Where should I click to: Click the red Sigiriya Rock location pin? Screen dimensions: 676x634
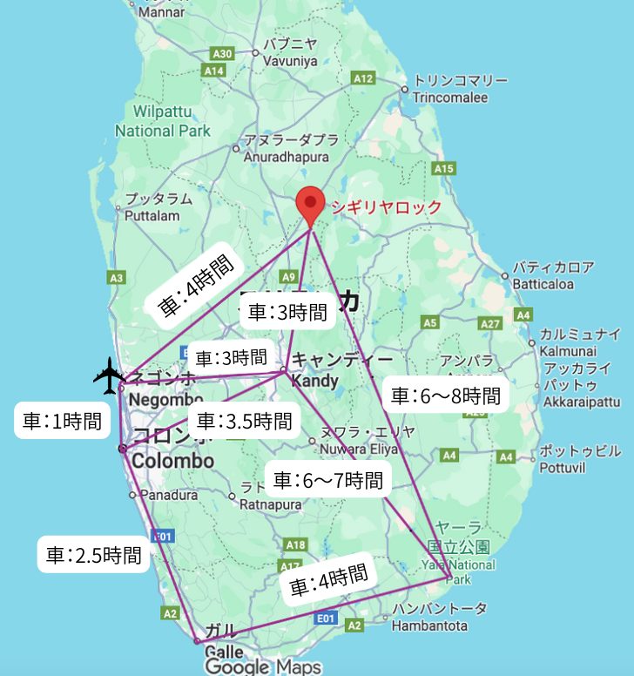(310, 206)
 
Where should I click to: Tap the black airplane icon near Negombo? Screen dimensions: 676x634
(109, 375)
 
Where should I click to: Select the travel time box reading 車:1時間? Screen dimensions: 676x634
(61, 422)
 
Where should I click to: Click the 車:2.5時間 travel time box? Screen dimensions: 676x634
(94, 554)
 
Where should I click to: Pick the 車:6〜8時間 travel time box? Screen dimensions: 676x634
(445, 396)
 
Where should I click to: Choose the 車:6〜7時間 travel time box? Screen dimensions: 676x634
(327, 479)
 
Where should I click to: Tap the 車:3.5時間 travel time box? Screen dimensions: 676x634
(244, 422)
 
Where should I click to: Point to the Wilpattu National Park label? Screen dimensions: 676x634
(162, 121)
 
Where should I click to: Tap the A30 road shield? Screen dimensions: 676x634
(222, 54)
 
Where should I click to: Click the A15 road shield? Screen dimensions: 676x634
(444, 168)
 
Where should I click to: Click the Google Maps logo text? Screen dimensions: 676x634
(262, 667)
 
